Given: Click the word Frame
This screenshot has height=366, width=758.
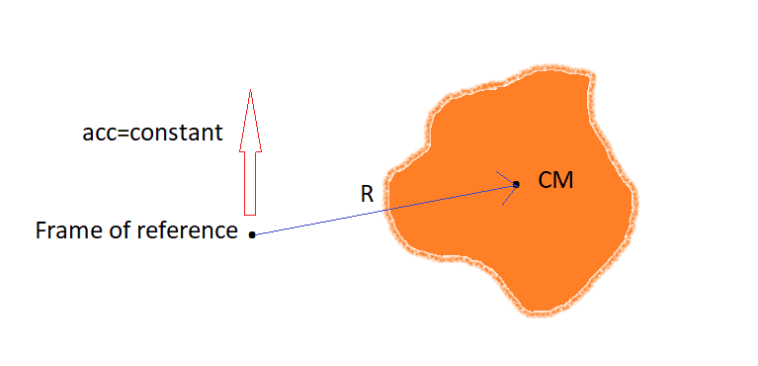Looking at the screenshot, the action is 65,230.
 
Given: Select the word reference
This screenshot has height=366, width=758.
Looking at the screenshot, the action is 187,230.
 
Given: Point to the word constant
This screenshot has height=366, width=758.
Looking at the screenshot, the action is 176,133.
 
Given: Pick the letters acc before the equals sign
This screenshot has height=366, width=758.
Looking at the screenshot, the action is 99,135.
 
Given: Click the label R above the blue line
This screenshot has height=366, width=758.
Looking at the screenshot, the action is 367,194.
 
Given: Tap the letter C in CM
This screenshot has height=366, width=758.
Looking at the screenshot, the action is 546,181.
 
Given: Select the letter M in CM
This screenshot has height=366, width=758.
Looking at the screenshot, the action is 564,181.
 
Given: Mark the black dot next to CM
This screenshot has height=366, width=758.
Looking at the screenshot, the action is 516,184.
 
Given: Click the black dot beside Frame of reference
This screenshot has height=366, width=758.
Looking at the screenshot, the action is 252,234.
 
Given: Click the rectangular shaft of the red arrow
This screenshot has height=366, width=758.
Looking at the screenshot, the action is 250,183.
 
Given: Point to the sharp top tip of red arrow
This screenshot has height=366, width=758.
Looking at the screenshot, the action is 250,90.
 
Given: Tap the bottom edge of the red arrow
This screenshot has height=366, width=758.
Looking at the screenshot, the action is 250,214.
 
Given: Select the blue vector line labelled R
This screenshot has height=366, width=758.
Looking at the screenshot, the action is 384,210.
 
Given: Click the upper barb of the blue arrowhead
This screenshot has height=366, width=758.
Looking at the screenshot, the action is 506,178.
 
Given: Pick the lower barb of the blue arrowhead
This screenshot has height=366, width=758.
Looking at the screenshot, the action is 510,195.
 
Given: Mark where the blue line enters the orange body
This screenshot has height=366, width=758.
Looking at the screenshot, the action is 385,210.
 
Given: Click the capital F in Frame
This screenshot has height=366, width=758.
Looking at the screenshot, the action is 41,230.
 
